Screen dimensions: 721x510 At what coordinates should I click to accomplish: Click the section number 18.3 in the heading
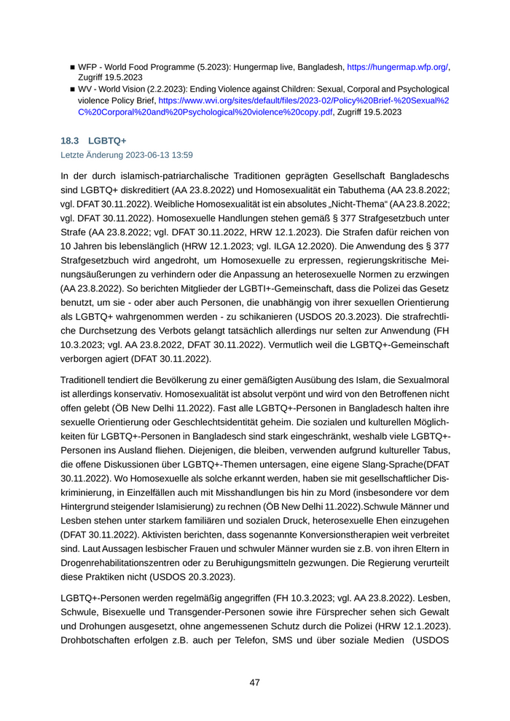[x=70, y=141]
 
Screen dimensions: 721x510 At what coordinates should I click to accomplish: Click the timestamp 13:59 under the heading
[x=182, y=154]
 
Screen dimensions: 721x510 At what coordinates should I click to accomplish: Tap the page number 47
[x=254, y=682]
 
